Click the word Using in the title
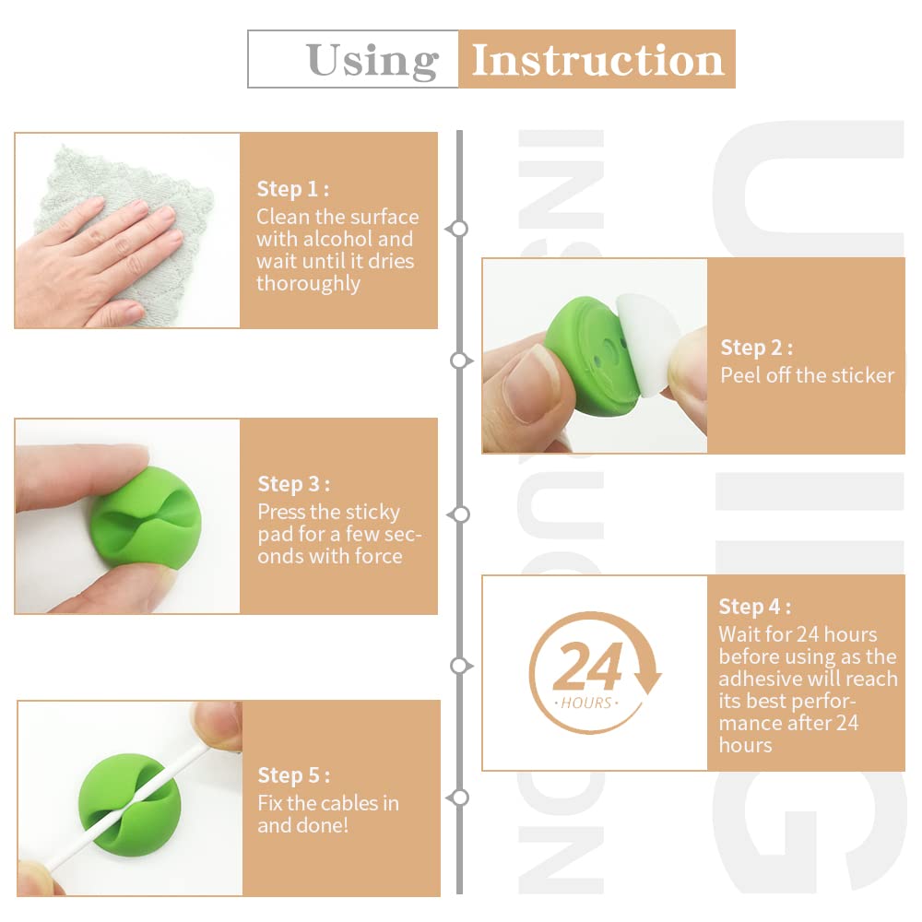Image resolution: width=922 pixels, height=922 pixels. tap(372, 61)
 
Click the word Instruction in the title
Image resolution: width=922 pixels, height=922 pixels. tap(597, 60)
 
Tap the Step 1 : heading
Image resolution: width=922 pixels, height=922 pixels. tap(293, 189)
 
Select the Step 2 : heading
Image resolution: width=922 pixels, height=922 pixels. tap(757, 348)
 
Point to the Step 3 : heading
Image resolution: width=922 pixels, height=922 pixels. tap(294, 484)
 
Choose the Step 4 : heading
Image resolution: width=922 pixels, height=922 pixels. tap(755, 607)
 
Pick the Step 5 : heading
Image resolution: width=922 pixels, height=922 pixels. tap(294, 775)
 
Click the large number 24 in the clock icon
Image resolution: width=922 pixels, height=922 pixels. tap(587, 667)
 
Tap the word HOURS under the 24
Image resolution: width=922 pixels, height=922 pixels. tap(586, 703)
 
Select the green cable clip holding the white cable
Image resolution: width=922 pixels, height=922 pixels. tap(128, 804)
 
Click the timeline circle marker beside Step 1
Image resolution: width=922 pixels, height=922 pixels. tap(458, 228)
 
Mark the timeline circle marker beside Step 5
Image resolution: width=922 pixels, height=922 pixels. tap(460, 798)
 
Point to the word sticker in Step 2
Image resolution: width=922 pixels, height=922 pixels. tap(862, 375)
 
